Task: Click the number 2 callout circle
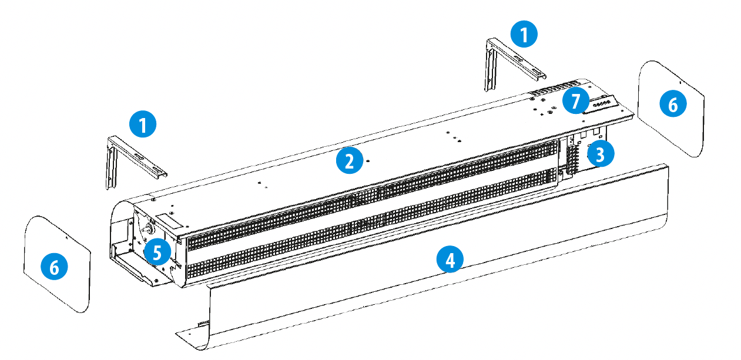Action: [349, 161]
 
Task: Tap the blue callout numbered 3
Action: [599, 154]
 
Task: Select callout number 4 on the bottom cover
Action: [450, 259]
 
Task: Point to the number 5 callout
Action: [156, 253]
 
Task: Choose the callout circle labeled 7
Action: [575, 100]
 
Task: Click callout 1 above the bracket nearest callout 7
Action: [524, 34]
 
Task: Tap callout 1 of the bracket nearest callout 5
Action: [143, 125]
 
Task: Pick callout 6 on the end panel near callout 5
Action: [54, 267]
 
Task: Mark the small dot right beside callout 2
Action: [367, 160]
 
